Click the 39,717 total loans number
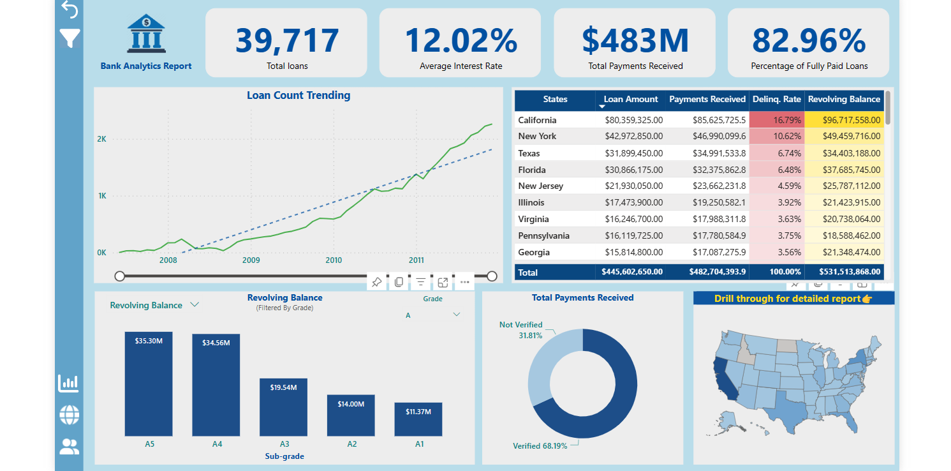(286, 40)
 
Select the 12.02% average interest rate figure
(461, 40)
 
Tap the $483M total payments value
(635, 40)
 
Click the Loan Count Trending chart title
(299, 96)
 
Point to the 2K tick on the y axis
(101, 139)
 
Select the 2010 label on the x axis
(334, 260)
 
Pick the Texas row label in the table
(529, 153)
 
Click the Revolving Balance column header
(844, 100)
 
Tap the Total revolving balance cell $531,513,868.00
(844, 273)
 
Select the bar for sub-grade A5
(149, 384)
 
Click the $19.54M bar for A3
(284, 407)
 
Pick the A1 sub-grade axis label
(419, 444)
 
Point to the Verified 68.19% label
(540, 446)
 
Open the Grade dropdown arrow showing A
(456, 315)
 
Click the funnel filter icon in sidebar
(70, 38)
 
